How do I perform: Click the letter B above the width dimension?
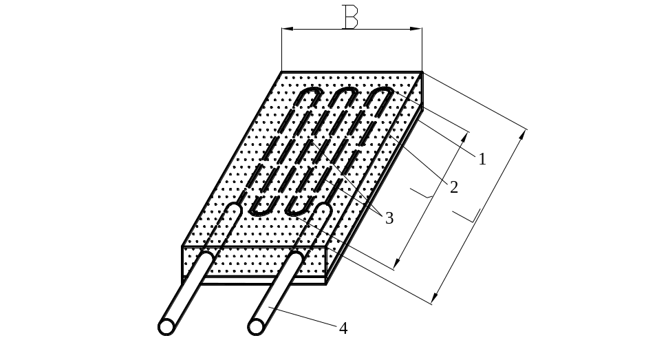tap(350, 17)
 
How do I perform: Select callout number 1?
tap(482, 159)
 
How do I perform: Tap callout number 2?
tap(454, 187)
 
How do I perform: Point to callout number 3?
tap(389, 218)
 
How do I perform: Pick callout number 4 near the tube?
tap(343, 328)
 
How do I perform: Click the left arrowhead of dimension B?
tap(288, 29)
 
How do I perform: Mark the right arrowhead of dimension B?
tap(416, 29)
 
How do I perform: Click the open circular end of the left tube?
tap(166, 327)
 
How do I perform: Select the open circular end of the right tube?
tap(256, 327)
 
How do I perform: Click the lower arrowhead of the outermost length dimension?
tap(435, 297)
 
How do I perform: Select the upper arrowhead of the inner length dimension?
tap(464, 138)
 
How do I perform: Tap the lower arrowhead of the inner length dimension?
tap(397, 262)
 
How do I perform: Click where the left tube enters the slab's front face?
tap(206, 257)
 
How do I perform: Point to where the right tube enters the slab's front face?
tap(296, 257)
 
